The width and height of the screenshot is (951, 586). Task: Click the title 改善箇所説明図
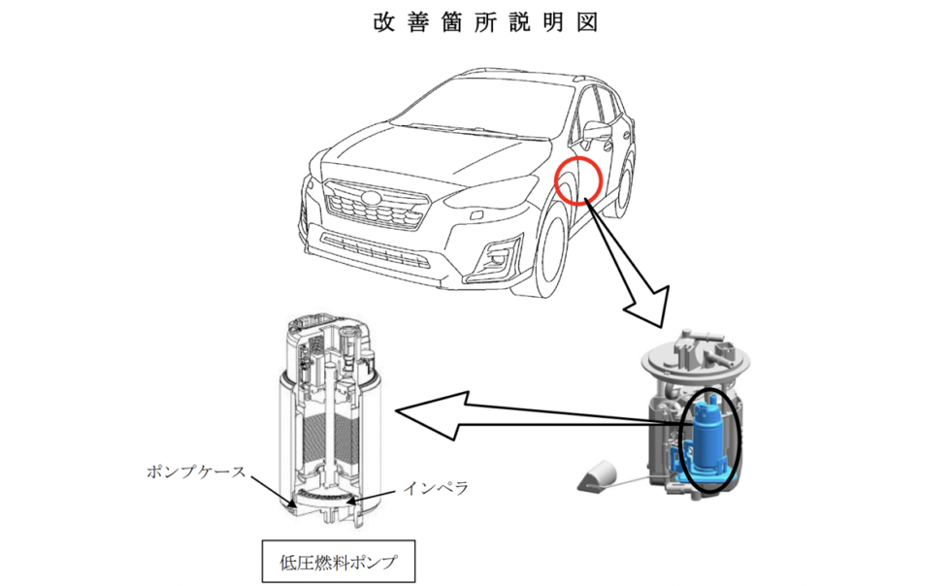(485, 22)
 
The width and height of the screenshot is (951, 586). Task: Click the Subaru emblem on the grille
(367, 197)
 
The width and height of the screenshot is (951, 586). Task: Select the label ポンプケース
(196, 472)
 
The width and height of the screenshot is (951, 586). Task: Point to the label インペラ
(436, 488)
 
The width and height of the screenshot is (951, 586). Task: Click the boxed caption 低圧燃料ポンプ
(339, 562)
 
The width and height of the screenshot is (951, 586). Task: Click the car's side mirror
(598, 131)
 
